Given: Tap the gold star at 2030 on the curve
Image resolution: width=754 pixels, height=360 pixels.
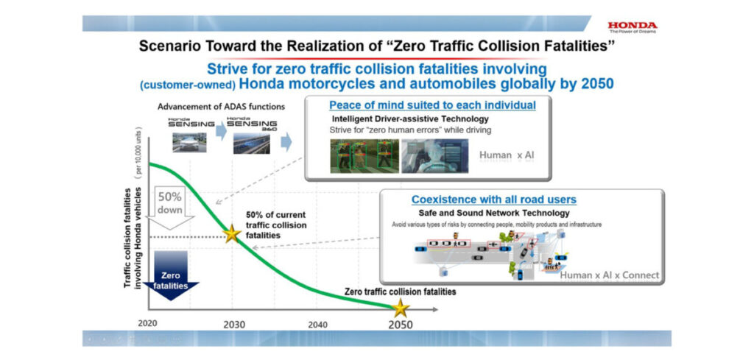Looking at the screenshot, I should point(233,234).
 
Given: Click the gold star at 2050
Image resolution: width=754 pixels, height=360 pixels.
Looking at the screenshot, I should point(400,307).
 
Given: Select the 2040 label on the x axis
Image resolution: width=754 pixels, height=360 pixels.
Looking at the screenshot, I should point(318,324).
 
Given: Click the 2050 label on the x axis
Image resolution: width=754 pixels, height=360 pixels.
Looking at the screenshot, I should point(401,325).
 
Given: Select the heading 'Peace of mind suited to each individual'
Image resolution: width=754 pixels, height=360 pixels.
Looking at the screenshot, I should point(432,105).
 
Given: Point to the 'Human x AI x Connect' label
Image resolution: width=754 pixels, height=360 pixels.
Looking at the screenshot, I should point(610,275).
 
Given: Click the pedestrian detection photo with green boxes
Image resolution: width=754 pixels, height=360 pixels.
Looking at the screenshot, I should point(362,156).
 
